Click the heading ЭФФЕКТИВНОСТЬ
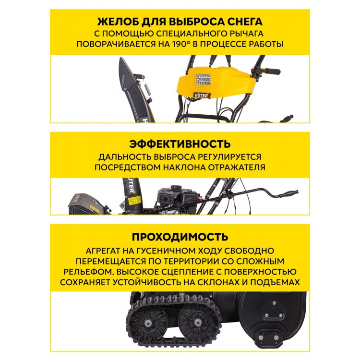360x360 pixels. (x=180, y=144)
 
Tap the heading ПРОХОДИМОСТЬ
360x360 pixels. (x=180, y=237)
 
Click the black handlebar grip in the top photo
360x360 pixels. (x=273, y=71)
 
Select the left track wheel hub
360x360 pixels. (x=148, y=324)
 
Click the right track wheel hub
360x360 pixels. (x=197, y=322)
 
